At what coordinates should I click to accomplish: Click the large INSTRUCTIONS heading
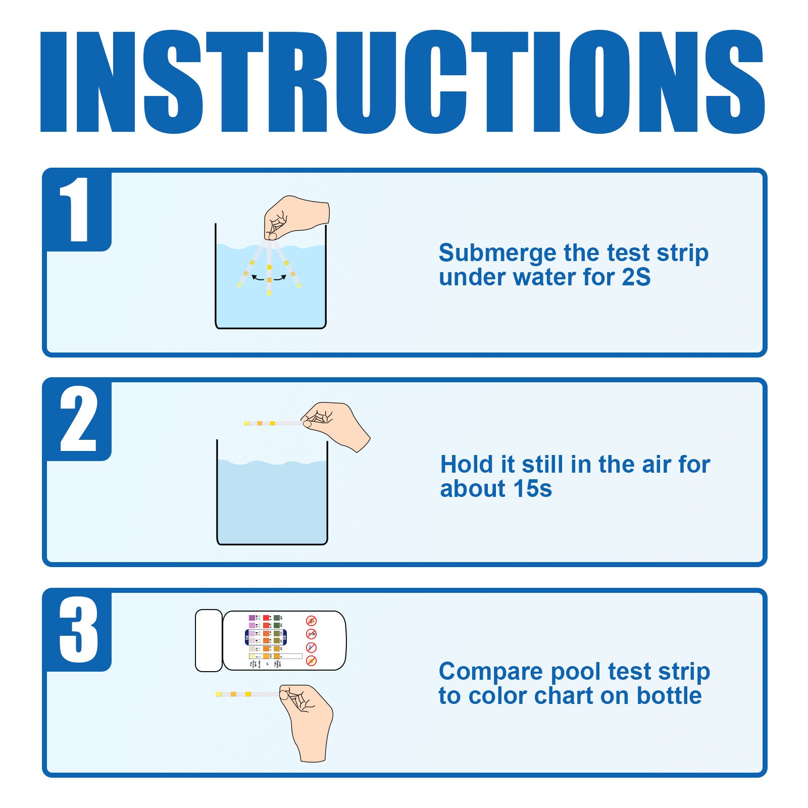point(402,82)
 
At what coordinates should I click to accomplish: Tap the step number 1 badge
point(78,211)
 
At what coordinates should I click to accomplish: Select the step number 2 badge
point(78,420)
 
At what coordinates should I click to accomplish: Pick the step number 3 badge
point(78,630)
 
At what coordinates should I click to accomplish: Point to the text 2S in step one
point(636,277)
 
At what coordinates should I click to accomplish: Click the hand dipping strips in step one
point(295,216)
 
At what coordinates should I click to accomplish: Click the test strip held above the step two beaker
point(273,423)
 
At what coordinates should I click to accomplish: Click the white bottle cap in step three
point(209,640)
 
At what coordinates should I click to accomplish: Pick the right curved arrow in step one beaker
point(280,278)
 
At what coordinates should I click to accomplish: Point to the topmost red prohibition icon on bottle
point(312,621)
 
